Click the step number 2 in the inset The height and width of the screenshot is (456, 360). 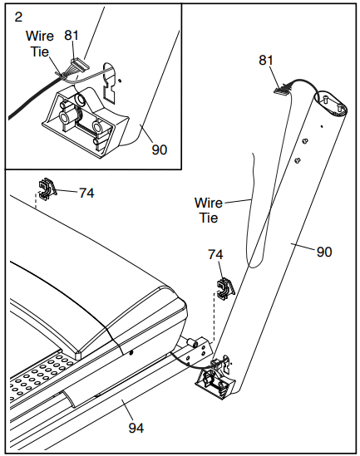coord(18,17)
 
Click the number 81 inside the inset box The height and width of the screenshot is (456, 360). coord(72,36)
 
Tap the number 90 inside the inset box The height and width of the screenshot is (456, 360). coord(160,150)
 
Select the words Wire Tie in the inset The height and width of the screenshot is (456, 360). coord(40,44)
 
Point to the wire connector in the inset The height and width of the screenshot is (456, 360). coord(80,63)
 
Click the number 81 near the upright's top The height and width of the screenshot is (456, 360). coord(266,60)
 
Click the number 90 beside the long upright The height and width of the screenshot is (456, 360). coord(324,252)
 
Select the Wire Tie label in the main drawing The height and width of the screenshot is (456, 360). coord(209,210)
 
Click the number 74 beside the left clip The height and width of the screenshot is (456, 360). coord(86,193)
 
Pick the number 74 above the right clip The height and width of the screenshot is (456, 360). coord(215,254)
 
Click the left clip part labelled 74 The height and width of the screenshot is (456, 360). coord(47,189)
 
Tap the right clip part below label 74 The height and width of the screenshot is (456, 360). coord(226,289)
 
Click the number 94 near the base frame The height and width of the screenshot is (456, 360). coord(136,428)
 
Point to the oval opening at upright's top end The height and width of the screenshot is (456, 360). coord(331,104)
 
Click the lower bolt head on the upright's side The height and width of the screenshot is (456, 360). coord(298,160)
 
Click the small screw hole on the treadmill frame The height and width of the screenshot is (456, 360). coord(131,352)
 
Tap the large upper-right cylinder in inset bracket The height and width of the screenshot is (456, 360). coord(79,100)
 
